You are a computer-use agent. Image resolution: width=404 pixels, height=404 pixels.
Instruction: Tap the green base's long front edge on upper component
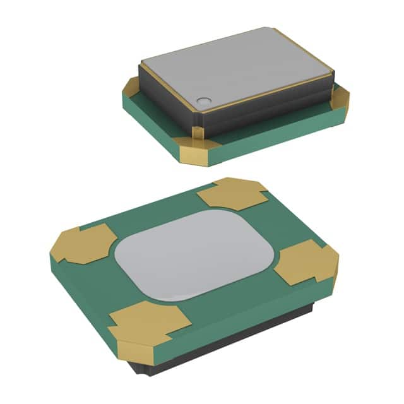[278, 139]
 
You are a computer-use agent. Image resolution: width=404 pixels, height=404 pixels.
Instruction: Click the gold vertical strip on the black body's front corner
[198, 130]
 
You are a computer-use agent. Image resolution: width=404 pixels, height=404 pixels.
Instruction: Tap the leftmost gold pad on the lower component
[82, 245]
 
